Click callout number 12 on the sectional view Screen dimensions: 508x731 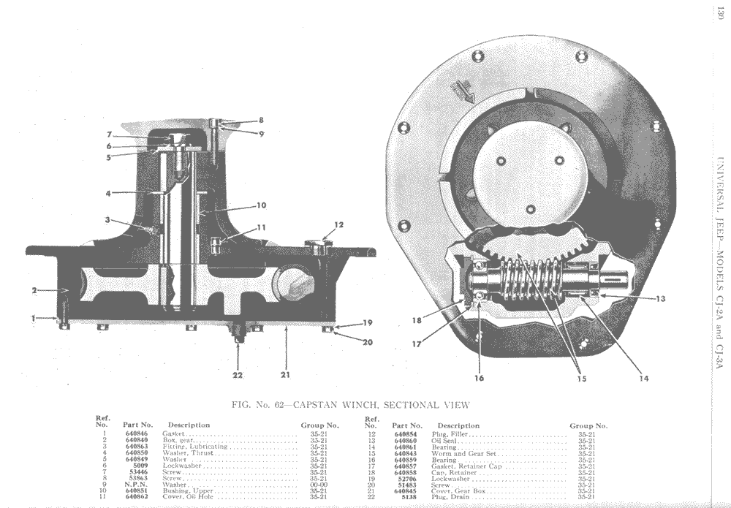tap(338, 224)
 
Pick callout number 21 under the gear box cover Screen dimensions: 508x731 tap(285, 375)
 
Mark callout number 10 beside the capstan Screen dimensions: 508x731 tap(261, 205)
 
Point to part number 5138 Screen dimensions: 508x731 tap(407, 497)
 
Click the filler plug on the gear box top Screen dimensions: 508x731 tap(318, 246)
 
